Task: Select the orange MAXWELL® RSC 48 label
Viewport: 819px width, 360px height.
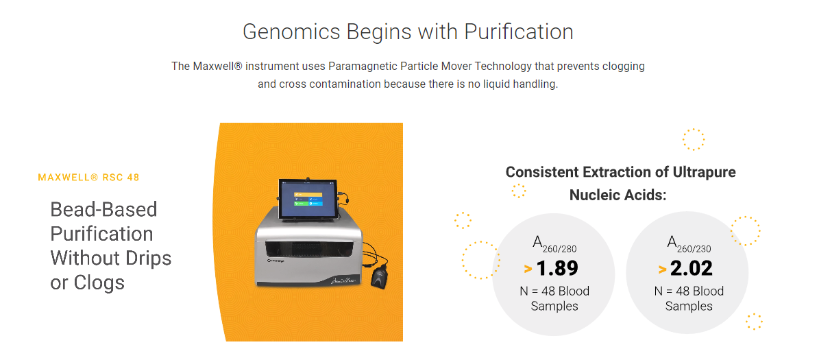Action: pyautogui.click(x=89, y=178)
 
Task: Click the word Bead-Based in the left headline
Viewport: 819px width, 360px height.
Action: pyautogui.click(x=103, y=210)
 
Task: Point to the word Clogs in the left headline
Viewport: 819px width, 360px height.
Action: pyautogui.click(x=99, y=283)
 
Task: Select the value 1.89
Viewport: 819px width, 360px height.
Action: pyautogui.click(x=557, y=269)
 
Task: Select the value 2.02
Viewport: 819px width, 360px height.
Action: pyautogui.click(x=692, y=269)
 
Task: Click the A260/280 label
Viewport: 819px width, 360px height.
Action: pyautogui.click(x=554, y=244)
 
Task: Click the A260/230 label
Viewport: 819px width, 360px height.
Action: pyautogui.click(x=689, y=244)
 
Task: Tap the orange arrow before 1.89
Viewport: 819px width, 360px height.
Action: pyautogui.click(x=528, y=269)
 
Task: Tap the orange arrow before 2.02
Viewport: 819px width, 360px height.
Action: pyautogui.click(x=662, y=269)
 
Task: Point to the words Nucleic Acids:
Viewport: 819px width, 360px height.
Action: pyautogui.click(x=618, y=195)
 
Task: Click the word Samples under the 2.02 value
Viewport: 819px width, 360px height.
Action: pyautogui.click(x=689, y=307)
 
